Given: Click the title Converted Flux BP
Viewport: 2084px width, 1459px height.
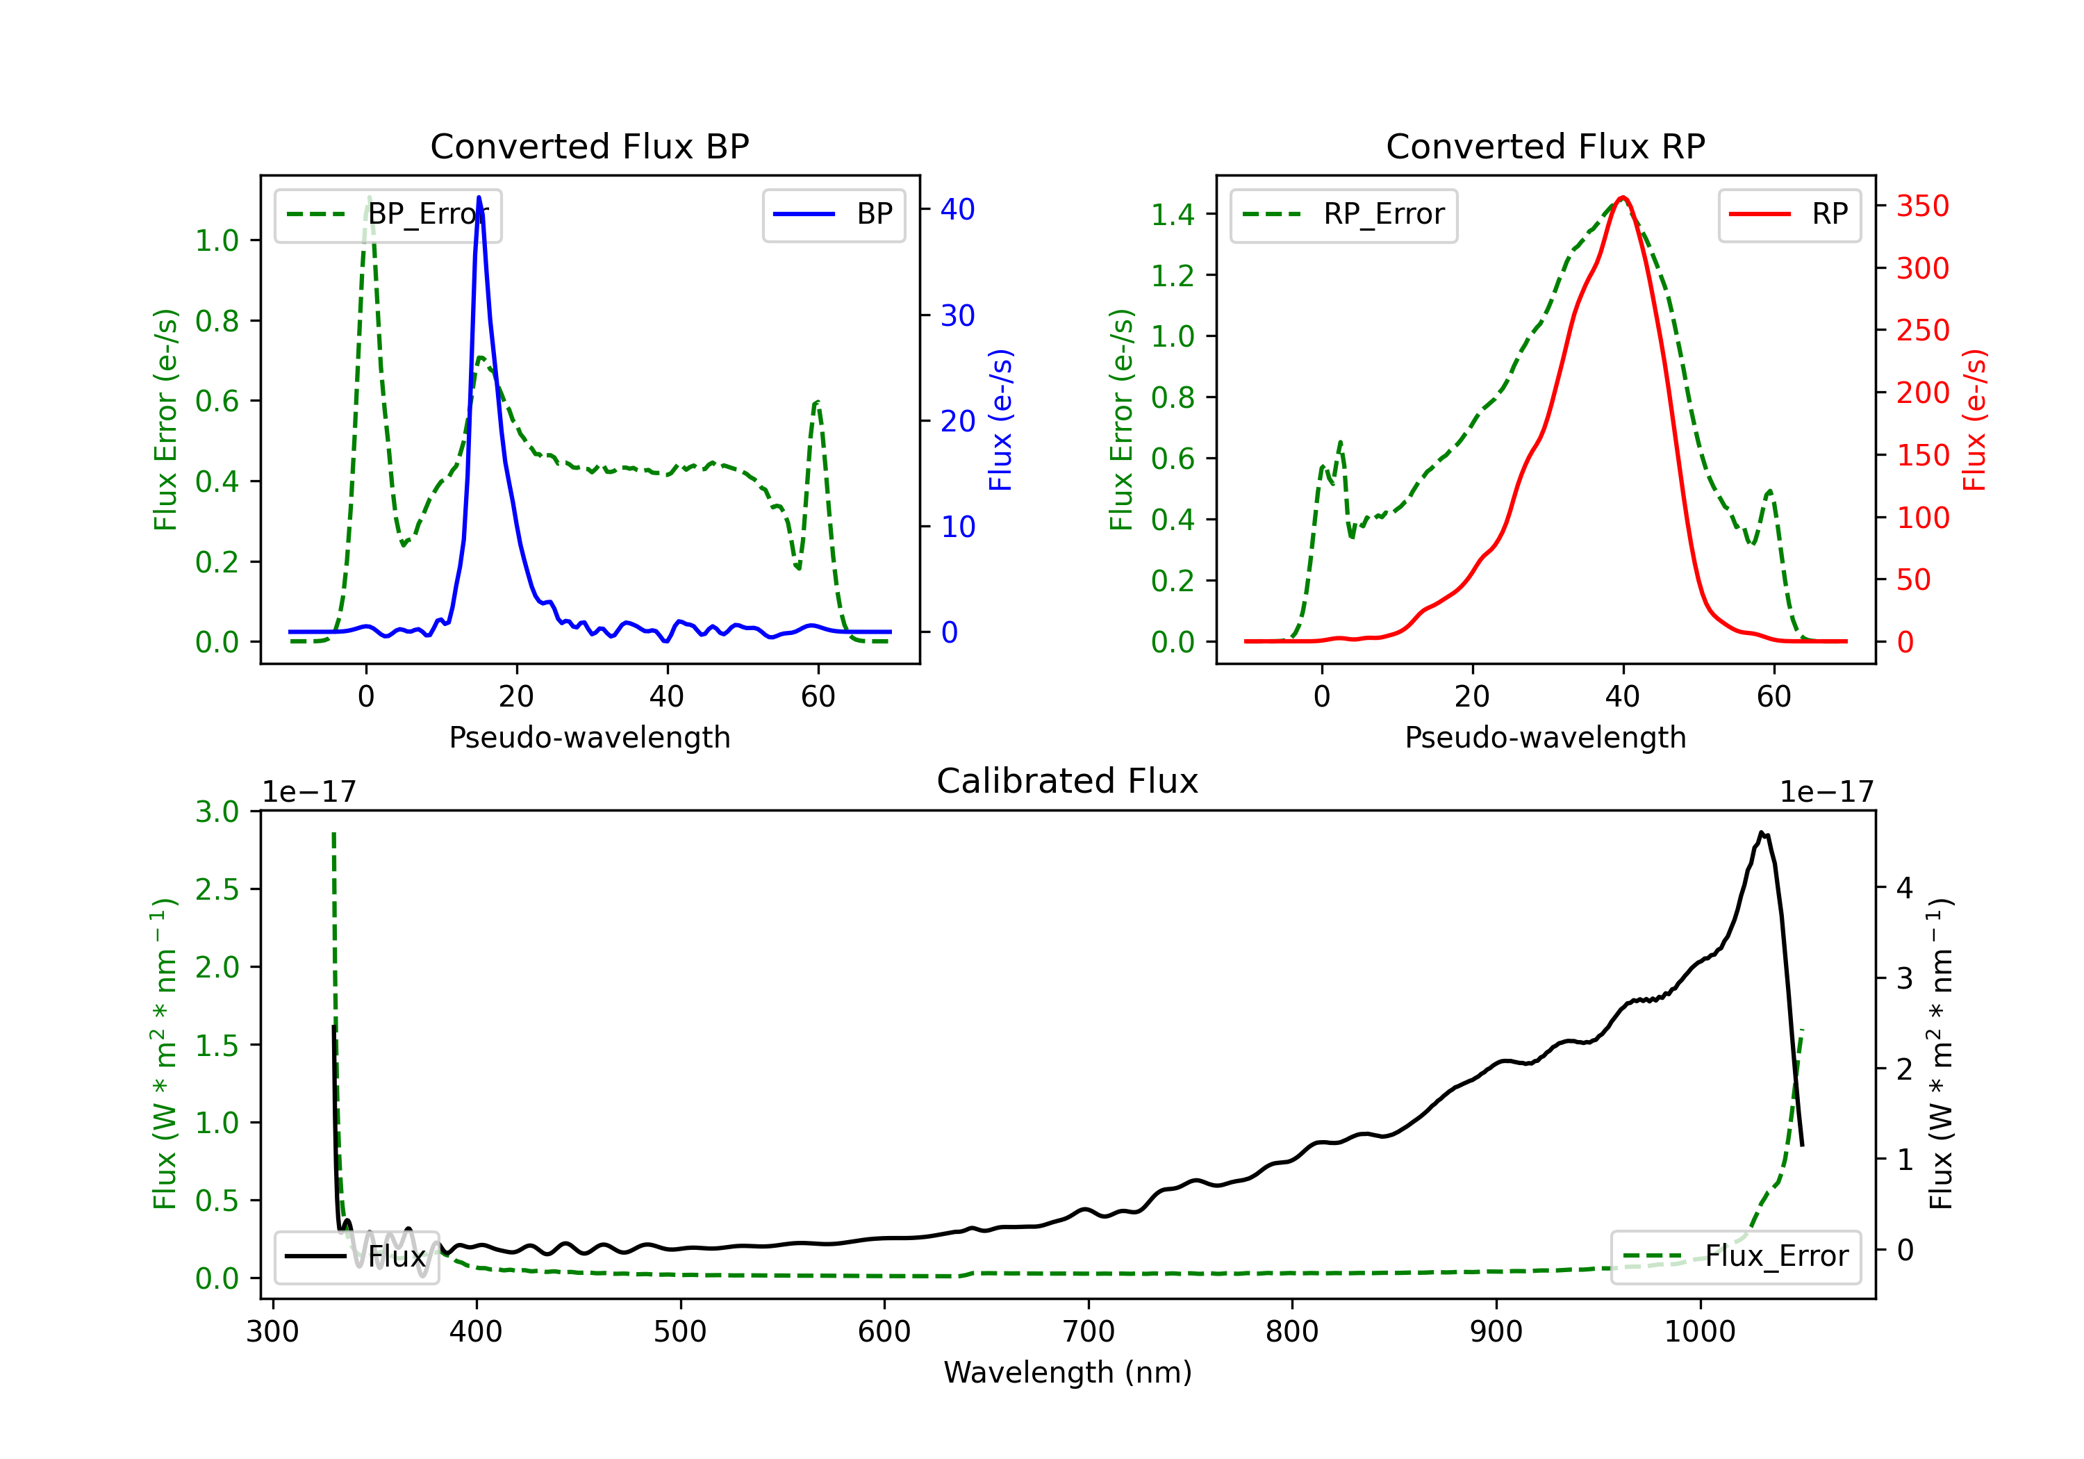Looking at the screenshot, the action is click(589, 146).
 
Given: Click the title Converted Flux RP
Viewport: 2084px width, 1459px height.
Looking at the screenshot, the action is click(1545, 146).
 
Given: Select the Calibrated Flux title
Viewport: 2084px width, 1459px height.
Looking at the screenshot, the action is click(1068, 781).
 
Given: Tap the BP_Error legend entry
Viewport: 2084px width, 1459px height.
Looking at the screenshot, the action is click(388, 214).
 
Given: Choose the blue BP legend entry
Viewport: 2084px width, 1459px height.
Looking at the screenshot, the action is click(833, 214).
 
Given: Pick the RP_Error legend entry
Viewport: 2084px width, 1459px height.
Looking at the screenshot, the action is click(1343, 214).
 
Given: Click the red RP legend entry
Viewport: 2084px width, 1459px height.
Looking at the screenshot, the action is click(1789, 214).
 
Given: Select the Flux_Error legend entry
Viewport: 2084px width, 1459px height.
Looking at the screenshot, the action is click(1735, 1257).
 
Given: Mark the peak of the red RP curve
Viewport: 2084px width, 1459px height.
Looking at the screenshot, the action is click(1623, 197).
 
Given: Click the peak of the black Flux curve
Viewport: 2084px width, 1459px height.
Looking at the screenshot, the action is click(1761, 832).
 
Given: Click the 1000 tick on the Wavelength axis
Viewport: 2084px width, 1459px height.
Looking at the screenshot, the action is click(1700, 1331).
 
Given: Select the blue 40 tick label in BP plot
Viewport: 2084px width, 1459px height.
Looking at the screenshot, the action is click(957, 209).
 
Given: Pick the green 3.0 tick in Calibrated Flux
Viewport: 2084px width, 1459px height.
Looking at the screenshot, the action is click(217, 811).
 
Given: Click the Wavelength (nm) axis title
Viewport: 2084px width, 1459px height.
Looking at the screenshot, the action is click(1068, 1372).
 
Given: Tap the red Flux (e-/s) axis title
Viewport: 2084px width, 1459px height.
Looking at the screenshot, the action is click(1975, 420).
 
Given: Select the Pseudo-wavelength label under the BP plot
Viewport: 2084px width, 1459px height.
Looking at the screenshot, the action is click(589, 737).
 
